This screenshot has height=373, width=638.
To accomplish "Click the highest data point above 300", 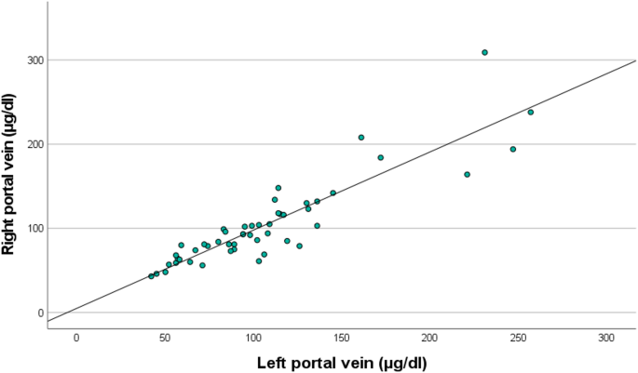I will coord(485,53).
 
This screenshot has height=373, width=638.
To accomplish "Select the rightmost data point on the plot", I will coord(531,113).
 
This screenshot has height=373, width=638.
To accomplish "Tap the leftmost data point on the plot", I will coord(151,276).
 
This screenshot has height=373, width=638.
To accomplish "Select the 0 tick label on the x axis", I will coord(76,337).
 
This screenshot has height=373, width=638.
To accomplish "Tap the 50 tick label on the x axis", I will coord(165,337).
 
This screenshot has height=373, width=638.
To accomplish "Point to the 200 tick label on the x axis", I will coord(429,337).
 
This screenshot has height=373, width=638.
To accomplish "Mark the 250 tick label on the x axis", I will coord(518,337).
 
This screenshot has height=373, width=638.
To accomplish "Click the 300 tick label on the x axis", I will coord(606,337).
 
